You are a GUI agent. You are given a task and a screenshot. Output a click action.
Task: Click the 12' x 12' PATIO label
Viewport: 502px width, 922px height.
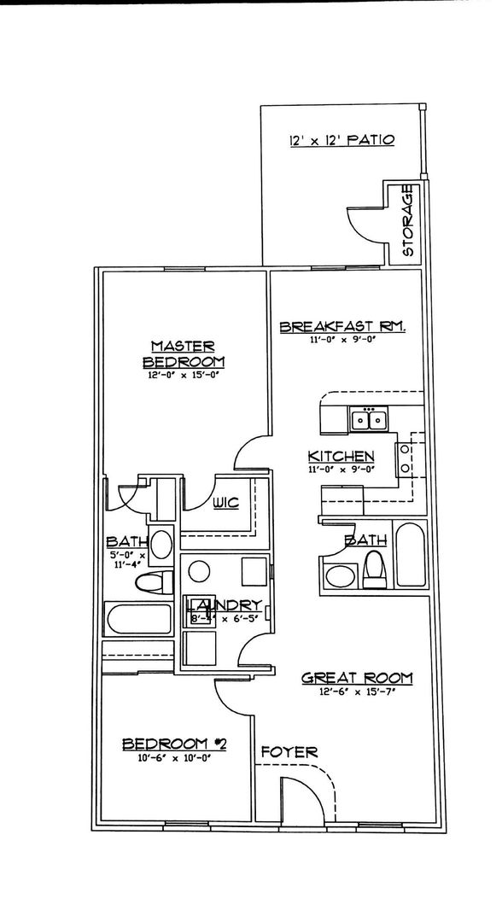pyautogui.click(x=341, y=140)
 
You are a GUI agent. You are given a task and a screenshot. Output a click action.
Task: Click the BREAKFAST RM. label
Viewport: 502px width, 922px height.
pyautogui.click(x=341, y=327)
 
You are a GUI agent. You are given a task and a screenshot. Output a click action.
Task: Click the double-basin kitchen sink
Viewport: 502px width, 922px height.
pyautogui.click(x=370, y=419)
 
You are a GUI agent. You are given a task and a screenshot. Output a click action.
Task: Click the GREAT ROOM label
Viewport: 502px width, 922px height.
pyautogui.click(x=357, y=678)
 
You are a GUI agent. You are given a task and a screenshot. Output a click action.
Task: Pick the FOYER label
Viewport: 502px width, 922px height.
pyautogui.click(x=289, y=752)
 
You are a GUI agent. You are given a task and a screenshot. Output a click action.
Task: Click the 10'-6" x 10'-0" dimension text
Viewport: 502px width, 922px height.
pyautogui.click(x=172, y=757)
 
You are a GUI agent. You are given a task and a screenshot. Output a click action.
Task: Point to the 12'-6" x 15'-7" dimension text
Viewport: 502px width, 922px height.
pyautogui.click(x=358, y=692)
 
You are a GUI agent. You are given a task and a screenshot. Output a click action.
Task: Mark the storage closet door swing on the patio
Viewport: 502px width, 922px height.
pyautogui.click(x=363, y=224)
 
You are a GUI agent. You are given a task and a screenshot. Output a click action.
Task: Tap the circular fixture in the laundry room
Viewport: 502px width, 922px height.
pyautogui.click(x=200, y=572)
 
